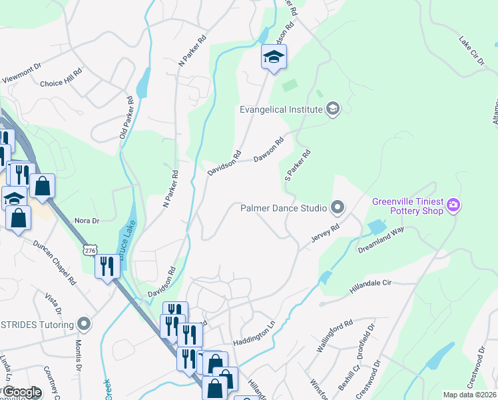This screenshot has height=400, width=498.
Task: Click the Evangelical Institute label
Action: pyautogui.click(x=282, y=109)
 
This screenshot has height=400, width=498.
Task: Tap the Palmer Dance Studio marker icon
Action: pyautogui.click(x=338, y=208)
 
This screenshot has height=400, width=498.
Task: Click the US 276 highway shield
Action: pyautogui.click(x=89, y=250)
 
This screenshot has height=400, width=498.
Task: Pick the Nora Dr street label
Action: pyautogui.click(x=87, y=221)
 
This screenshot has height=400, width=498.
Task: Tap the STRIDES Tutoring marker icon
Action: pyautogui.click(x=84, y=324)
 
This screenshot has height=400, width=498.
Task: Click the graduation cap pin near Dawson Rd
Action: pyautogui.click(x=273, y=57)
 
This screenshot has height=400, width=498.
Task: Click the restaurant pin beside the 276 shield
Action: pyautogui.click(x=107, y=267)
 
